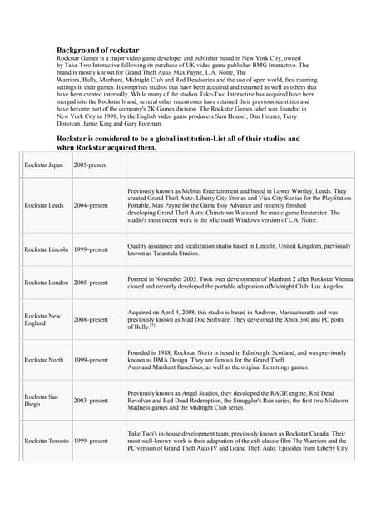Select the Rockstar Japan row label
tap(43, 165)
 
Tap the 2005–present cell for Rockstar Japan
tap(91, 165)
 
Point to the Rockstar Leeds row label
tap(43, 205)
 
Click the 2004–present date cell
tap(91, 205)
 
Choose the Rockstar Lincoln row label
tap(45, 249)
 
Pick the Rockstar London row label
tap(46, 283)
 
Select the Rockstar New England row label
tap(42, 320)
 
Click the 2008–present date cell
tap(91, 320)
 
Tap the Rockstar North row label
tap(43, 360)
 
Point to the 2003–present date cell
tap(91, 401)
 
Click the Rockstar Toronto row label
tap(47, 441)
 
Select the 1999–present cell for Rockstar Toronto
tap(91, 441)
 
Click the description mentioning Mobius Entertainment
tap(237, 205)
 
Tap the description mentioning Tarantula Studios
tap(237, 249)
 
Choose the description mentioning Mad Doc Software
tap(237, 319)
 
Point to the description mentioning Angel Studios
tap(237, 401)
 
